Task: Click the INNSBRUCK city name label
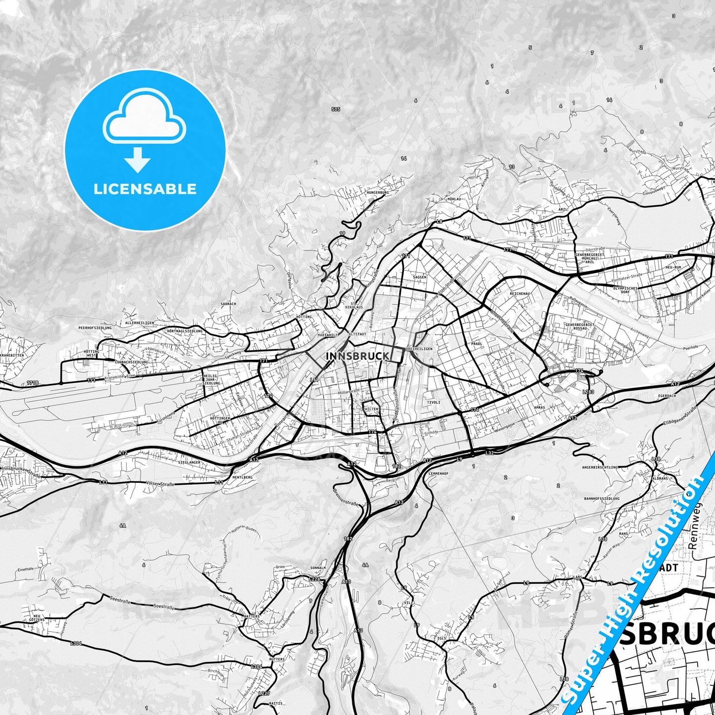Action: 357,356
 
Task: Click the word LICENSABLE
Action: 145,189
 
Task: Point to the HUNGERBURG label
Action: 378,192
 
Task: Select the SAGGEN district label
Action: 419,277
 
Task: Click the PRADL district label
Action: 477,343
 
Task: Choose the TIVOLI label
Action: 433,402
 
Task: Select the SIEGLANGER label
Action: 189,462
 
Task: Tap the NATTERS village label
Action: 251,617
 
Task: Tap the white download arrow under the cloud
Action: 138,159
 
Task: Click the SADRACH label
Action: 228,304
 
